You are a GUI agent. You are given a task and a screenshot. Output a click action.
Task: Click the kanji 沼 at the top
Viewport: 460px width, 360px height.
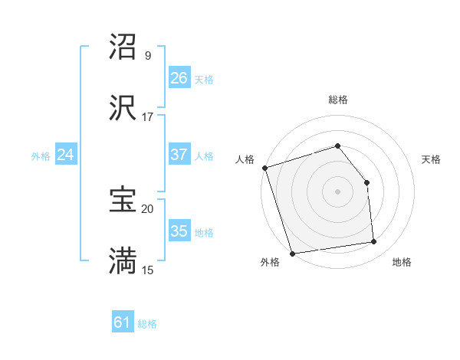click(123, 47)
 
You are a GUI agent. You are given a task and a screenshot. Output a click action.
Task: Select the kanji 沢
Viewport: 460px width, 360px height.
click(123, 108)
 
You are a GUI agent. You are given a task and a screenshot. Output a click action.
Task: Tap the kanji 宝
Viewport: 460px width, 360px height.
click(123, 200)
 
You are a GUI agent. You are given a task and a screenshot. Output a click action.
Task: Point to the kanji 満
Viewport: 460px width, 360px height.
click(123, 260)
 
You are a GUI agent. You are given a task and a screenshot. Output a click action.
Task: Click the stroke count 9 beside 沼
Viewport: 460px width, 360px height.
click(148, 56)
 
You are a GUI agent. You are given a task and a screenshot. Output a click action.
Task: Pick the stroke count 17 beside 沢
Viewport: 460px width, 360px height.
click(148, 116)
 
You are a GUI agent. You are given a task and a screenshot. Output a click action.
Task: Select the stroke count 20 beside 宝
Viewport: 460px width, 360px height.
click(148, 208)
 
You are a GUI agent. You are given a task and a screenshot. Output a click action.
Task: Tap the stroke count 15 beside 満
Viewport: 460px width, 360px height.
click(148, 269)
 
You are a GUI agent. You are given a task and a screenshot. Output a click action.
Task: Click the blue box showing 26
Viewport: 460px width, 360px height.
click(179, 78)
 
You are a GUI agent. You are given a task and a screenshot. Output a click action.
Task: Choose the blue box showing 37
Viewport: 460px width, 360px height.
click(179, 155)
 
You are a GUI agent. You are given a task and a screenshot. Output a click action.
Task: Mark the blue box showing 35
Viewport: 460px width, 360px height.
click(179, 231)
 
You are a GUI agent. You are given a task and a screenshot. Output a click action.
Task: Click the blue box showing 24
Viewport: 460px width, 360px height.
click(65, 155)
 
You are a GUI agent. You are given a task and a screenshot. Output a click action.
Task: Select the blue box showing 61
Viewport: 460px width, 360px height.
click(123, 322)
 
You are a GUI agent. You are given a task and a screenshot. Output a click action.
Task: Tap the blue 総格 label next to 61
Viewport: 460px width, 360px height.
click(147, 324)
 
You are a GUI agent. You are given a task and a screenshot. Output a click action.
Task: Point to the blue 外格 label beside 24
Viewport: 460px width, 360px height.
click(41, 156)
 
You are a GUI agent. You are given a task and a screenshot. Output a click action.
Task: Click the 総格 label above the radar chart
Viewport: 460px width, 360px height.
click(337, 100)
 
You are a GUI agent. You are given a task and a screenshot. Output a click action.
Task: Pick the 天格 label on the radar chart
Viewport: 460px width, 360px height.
click(431, 159)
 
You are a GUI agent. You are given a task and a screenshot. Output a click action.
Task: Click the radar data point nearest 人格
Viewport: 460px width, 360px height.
click(264, 168)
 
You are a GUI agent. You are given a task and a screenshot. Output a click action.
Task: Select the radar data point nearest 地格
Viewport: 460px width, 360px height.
click(374, 242)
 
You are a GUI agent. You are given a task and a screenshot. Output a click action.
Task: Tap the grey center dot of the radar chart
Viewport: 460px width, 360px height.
click(337, 191)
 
